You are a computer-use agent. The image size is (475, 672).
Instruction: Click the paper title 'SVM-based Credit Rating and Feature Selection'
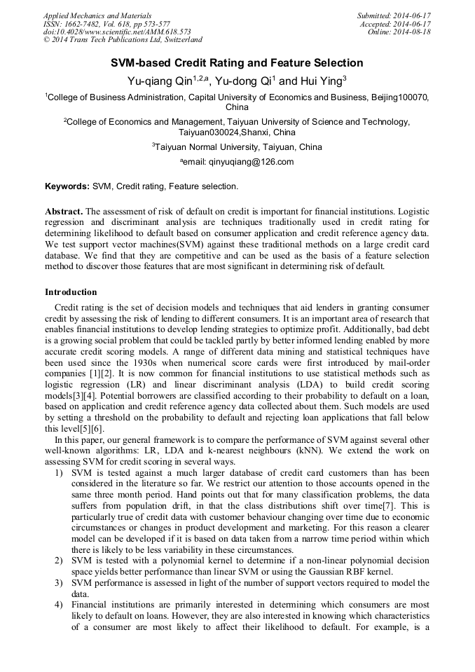coord(237,63)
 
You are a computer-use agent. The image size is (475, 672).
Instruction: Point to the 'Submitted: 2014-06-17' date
coord(394,15)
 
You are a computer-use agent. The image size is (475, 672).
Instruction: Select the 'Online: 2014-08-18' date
coord(399,32)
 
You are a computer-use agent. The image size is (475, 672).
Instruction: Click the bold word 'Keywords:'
coord(67,186)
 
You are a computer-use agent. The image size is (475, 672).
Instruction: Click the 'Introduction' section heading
coord(71,292)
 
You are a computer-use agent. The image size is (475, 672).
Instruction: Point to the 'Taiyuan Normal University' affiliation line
coord(237,147)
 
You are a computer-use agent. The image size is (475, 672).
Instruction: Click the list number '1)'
coord(59,474)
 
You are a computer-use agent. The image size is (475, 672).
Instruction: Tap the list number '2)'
coord(59,561)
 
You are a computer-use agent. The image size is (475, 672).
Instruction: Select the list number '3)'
coord(59,582)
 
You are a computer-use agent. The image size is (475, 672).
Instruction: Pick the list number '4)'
coord(59,603)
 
